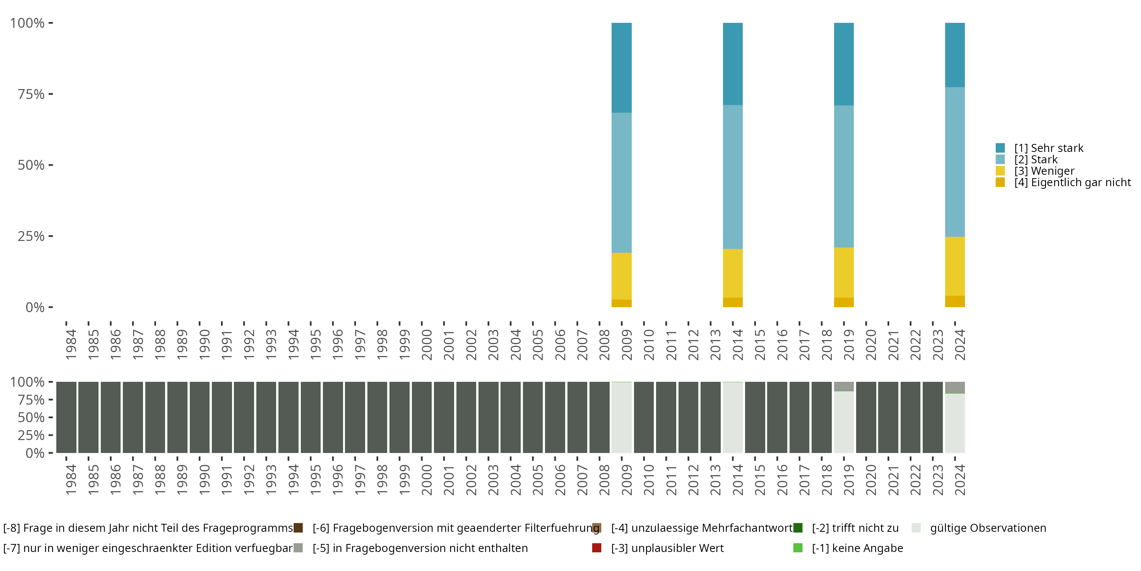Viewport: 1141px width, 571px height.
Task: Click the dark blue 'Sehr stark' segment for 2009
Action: (621, 67)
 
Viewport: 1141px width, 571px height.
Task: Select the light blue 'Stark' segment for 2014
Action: (733, 177)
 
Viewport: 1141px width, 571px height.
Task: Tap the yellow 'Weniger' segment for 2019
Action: (844, 272)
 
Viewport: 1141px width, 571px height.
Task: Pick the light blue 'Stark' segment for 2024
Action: (955, 162)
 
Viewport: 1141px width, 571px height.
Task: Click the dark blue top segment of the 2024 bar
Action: (955, 54)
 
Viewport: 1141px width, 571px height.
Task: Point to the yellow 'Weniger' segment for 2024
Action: (955, 266)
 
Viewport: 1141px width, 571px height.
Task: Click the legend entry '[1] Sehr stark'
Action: (1049, 148)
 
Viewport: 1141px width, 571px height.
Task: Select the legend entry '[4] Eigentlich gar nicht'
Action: (1072, 183)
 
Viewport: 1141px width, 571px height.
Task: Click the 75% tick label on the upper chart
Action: (31, 94)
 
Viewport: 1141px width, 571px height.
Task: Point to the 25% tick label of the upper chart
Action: (31, 236)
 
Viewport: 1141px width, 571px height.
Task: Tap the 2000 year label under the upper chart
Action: (427, 345)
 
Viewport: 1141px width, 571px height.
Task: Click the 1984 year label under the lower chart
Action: (71, 480)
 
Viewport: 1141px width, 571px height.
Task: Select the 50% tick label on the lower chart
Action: (31, 418)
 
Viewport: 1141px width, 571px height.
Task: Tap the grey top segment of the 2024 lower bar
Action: (955, 388)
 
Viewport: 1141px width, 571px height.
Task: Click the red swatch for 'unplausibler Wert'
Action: (597, 548)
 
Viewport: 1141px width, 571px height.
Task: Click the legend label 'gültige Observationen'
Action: (988, 528)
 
